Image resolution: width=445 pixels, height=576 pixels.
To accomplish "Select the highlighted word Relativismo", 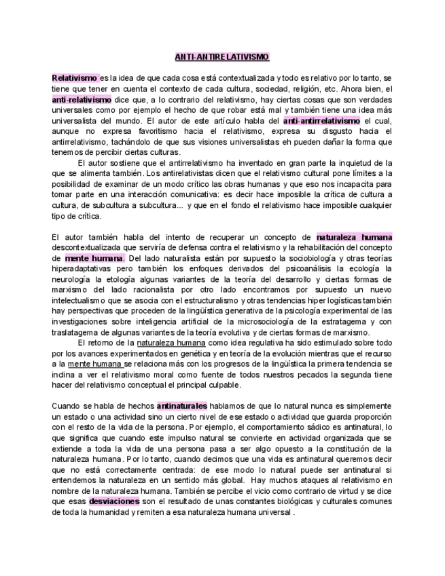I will pyautogui.click(x=75, y=78).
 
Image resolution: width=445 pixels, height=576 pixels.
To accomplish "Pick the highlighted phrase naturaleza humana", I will pyautogui.click(x=354, y=237).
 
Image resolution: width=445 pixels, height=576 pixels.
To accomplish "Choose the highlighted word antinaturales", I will pyautogui.click(x=182, y=406).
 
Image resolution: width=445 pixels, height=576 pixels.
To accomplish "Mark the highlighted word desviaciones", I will pyautogui.click(x=114, y=501).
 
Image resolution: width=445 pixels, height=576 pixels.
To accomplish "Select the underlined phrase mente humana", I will pyautogui.click(x=92, y=364).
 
